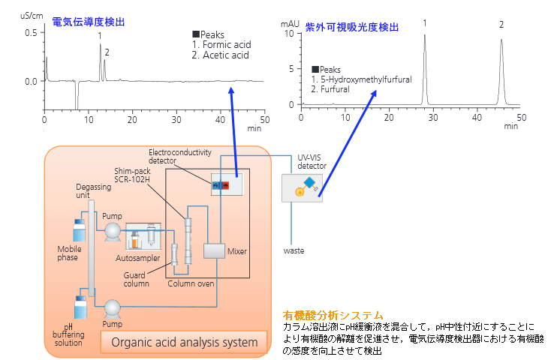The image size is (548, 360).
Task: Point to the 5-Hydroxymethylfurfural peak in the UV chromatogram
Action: (425, 70)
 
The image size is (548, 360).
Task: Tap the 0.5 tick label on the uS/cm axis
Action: (31, 33)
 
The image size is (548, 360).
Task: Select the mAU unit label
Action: (290, 24)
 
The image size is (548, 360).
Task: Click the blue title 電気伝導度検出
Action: (89, 22)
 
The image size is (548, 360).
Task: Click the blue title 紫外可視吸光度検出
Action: (352, 27)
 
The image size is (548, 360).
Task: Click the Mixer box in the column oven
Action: (214, 250)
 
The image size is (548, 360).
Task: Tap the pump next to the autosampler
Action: (113, 232)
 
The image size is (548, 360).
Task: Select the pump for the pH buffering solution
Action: (113, 308)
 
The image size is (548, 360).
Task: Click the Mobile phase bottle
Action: (80, 230)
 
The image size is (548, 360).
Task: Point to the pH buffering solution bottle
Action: (81, 307)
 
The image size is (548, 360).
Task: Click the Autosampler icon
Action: (143, 236)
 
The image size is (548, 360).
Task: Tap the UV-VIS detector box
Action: (302, 188)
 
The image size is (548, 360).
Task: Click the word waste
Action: (294, 250)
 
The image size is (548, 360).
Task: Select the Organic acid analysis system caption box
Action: (184, 342)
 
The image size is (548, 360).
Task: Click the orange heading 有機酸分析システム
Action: (333, 316)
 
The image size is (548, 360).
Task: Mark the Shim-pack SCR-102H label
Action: (132, 175)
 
